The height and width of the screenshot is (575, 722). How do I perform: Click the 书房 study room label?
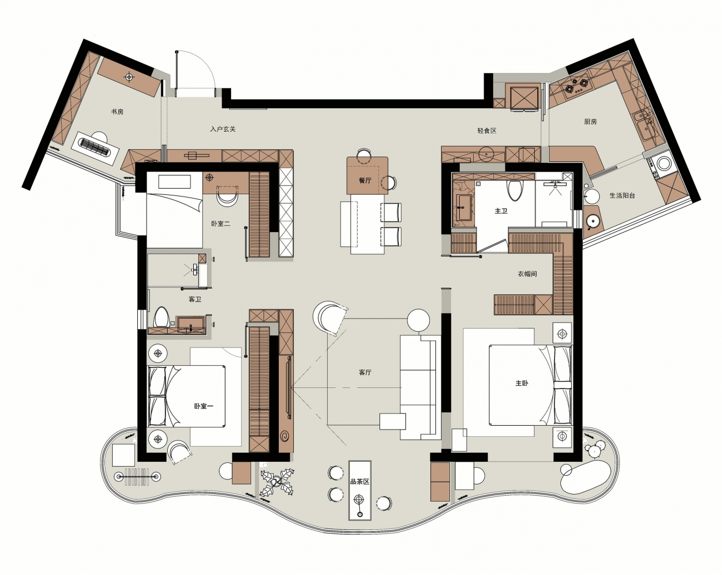point(117,112)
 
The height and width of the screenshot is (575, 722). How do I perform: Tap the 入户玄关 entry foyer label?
point(223,129)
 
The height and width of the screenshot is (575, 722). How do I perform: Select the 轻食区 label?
point(487,131)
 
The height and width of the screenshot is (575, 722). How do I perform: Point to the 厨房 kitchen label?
point(590,122)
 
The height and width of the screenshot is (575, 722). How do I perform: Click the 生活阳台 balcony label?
point(623,195)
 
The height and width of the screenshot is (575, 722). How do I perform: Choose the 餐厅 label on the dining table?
point(365,180)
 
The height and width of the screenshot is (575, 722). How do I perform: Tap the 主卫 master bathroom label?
point(502,211)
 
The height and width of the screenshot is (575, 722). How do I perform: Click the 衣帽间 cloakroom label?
point(528,274)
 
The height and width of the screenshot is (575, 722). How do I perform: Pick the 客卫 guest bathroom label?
point(195,299)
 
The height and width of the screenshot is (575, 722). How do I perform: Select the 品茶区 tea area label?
point(360,482)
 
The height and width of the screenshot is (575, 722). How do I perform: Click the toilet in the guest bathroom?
point(162,317)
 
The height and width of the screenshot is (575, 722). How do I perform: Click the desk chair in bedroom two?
point(228,196)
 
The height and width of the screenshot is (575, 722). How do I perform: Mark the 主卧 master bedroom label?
point(522,383)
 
